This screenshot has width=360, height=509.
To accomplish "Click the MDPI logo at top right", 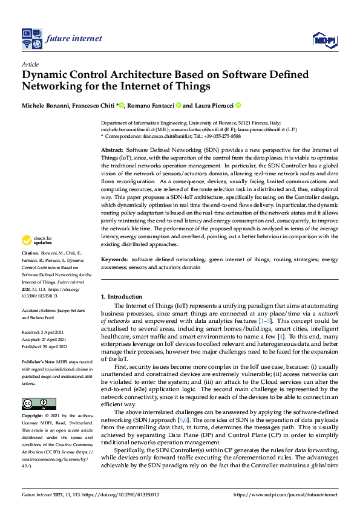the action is coord(324,40).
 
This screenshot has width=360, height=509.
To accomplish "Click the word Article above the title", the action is coord(30,64).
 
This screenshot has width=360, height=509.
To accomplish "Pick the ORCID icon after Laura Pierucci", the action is coord(238,105).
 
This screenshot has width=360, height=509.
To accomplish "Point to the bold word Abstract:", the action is coord(112,149).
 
